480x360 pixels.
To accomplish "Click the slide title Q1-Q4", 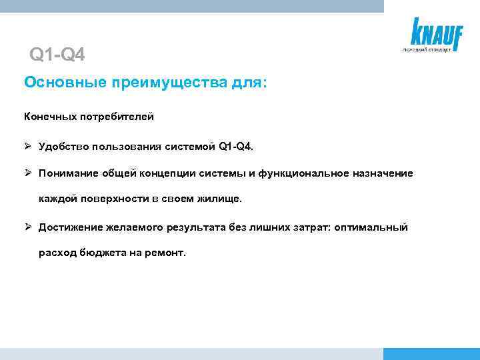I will click(x=57, y=54).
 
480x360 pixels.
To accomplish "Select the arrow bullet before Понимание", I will click(x=28, y=173).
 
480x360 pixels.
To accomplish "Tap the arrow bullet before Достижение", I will click(x=28, y=227).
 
